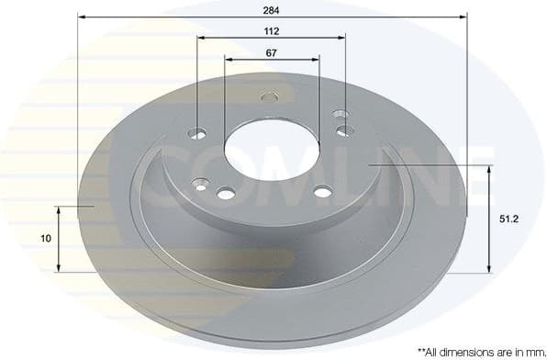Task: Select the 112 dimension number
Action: (272, 30)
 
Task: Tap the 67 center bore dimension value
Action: (272, 52)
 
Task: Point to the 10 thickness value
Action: (45, 239)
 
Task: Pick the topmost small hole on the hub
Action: (269, 96)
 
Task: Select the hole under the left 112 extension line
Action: (199, 135)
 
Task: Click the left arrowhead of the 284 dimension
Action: (82, 17)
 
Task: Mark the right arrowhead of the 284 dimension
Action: (463, 17)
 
